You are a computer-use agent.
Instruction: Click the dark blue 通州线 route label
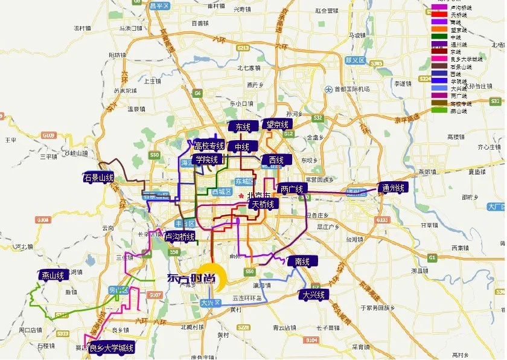pyautogui.click(x=393, y=188)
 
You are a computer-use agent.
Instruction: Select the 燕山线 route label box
pyautogui.click(x=53, y=275)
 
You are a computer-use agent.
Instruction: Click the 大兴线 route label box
pyautogui.click(x=314, y=295)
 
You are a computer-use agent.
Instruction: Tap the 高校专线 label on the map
pyautogui.click(x=209, y=146)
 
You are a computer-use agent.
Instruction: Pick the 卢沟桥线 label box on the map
pyautogui.click(x=180, y=237)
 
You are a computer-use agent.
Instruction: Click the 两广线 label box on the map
pyautogui.click(x=293, y=189)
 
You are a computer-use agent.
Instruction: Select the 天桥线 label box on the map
pyautogui.click(x=263, y=204)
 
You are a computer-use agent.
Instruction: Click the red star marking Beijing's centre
pyautogui.click(x=241, y=197)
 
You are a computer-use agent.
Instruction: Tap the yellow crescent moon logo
pyautogui.click(x=214, y=277)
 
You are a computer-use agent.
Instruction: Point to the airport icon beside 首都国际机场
pyautogui.click(x=328, y=89)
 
